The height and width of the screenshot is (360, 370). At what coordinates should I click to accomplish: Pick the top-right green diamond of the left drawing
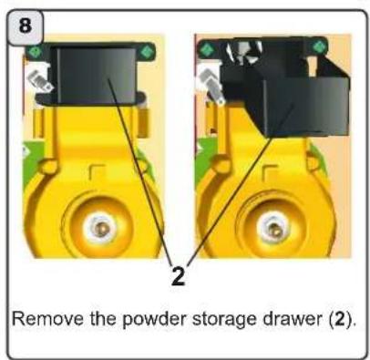pyautogui.click(x=146, y=50)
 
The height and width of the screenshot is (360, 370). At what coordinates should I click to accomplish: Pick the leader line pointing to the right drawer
pyautogui.click(x=246, y=182)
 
